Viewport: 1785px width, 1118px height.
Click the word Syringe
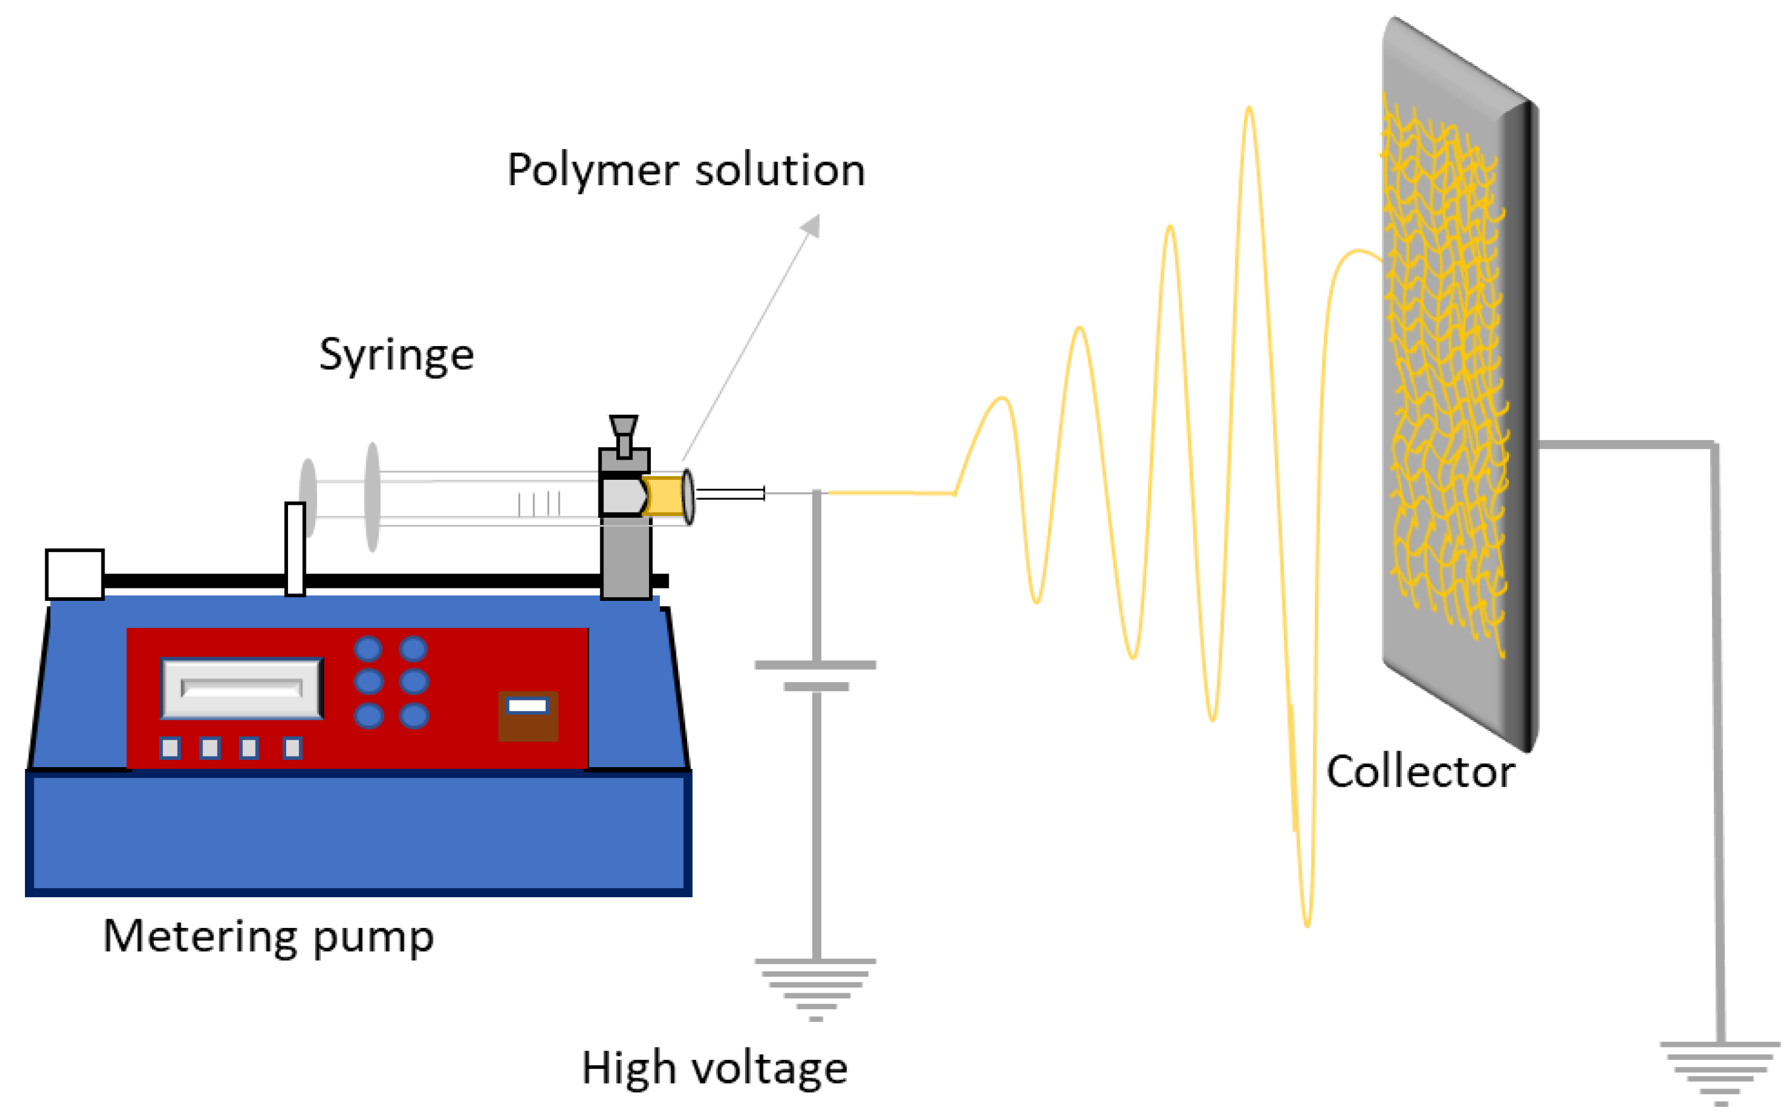tap(396, 356)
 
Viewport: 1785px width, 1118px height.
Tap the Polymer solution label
tap(685, 172)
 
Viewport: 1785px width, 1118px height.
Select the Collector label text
tap(1420, 772)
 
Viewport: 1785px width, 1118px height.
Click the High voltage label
tap(714, 1069)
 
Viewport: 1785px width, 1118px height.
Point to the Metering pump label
tap(268, 938)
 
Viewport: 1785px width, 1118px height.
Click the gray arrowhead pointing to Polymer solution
tap(813, 225)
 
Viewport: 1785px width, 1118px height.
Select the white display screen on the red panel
tap(242, 688)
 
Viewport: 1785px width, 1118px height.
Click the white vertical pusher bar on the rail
tap(295, 549)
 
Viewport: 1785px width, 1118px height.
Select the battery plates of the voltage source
tap(815, 675)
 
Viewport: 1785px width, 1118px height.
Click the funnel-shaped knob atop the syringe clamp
tap(624, 427)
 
